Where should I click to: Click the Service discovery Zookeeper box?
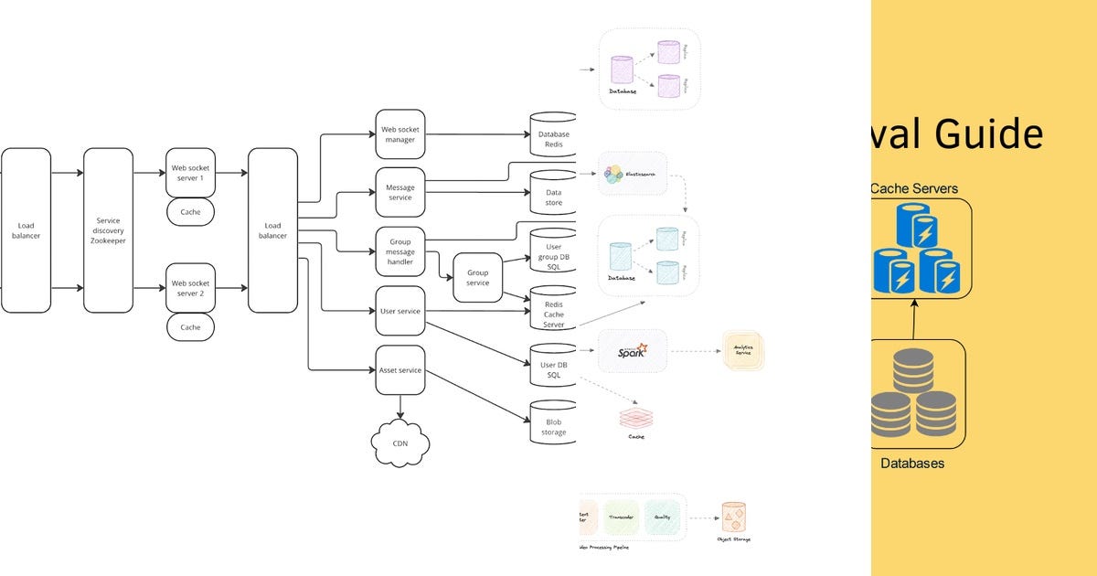tap(108, 229)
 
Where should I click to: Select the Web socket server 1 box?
tap(190, 173)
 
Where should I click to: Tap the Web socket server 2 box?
tap(190, 288)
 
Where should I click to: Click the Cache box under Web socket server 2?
tap(190, 327)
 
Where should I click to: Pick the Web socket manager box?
tap(399, 134)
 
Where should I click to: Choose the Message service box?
tap(399, 192)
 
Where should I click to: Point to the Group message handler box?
tap(399, 251)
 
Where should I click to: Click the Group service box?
tap(478, 278)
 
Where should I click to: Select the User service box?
tap(399, 311)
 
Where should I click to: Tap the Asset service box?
tap(399, 369)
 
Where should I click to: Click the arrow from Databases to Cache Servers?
tap(914, 319)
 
